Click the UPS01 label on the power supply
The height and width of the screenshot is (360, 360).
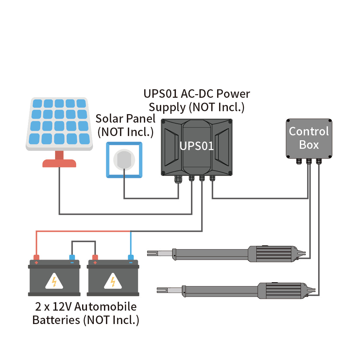pos(197,146)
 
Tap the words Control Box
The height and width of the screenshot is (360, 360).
pos(309,138)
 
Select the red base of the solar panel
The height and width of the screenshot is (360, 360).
pos(59,163)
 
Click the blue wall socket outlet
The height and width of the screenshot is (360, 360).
pos(124,160)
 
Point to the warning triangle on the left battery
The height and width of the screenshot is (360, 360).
pos(54,282)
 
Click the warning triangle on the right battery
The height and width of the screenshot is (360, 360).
pos(113,282)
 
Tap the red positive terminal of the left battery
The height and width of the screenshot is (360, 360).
pos(36,258)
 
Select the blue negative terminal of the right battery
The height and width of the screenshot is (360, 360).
pos(131,258)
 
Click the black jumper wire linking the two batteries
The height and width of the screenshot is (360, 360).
pos(83,242)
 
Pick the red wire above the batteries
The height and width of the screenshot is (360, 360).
pos(82,231)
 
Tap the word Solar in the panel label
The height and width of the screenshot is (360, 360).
pos(109,118)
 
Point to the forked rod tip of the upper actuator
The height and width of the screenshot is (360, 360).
pos(153,253)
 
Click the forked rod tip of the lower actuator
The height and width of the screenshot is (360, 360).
pos(163,290)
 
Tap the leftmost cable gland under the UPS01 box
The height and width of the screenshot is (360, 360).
pos(178,179)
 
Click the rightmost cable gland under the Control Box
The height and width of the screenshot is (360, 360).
pos(319,161)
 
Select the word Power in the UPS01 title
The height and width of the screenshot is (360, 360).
pos(233,94)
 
